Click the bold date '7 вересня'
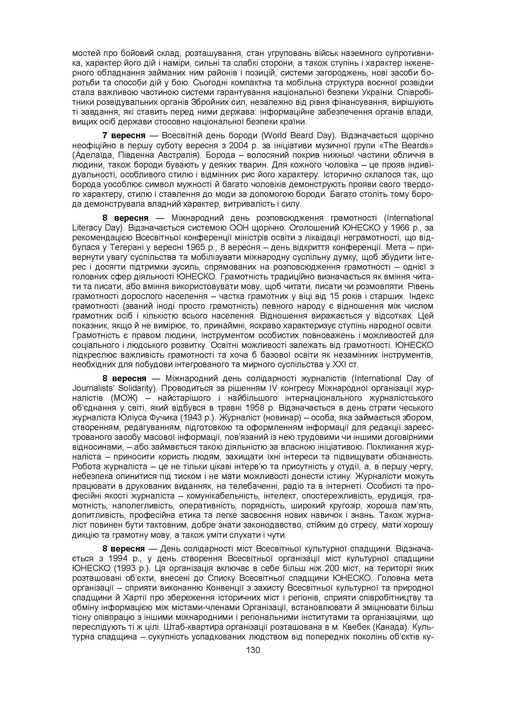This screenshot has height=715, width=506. pos(124,136)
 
